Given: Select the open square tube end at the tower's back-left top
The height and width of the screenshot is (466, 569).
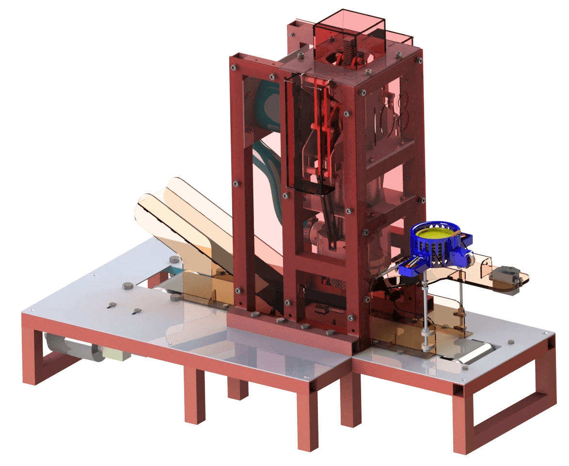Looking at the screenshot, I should point(297,24).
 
